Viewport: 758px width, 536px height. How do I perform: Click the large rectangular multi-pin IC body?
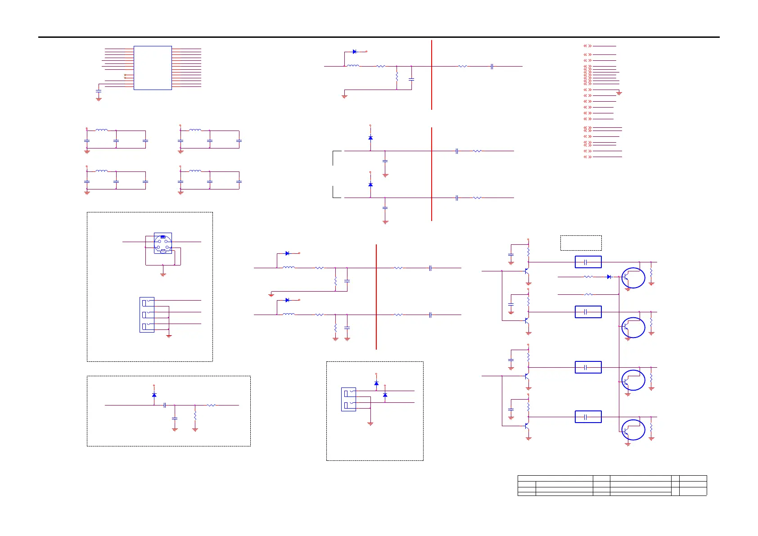coord(153,68)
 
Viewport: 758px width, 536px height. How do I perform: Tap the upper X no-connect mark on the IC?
coord(125,75)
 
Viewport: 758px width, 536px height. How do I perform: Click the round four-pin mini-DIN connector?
coord(162,244)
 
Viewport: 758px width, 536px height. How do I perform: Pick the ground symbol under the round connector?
coord(163,274)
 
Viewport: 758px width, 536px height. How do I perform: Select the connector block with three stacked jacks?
coord(147,315)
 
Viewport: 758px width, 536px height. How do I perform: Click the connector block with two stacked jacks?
coord(348,399)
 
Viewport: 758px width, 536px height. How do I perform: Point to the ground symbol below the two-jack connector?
coord(370,423)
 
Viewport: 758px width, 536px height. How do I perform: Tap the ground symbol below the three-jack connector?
coord(169,336)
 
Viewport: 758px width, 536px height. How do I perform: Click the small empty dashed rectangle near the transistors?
coord(581,243)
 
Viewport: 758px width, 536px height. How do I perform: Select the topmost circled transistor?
coord(633,278)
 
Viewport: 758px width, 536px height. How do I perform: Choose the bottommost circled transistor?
coord(633,430)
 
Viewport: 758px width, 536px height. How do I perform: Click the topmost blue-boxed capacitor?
coord(588,262)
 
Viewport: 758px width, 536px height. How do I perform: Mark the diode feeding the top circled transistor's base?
coord(609,277)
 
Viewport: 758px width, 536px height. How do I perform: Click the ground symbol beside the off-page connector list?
coord(619,93)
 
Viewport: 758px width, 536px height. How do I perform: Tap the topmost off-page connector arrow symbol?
coord(587,46)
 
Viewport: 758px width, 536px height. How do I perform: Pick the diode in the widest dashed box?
coord(154,395)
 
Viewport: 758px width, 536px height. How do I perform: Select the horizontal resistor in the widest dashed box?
coord(212,405)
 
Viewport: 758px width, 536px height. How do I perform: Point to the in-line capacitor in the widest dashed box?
coord(165,405)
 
